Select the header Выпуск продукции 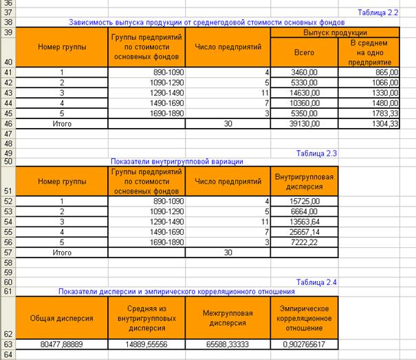pos(335,32)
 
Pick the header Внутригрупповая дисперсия pos(304,182)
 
